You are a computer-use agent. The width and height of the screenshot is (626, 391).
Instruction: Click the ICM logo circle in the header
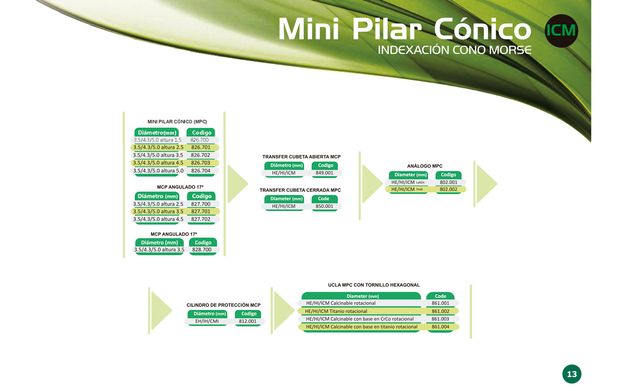click(x=561, y=31)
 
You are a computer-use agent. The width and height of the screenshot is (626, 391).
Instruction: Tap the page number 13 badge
click(x=572, y=374)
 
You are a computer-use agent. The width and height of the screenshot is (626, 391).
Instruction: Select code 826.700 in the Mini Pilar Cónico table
click(x=200, y=140)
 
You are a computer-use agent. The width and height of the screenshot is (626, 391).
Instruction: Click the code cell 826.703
click(x=201, y=163)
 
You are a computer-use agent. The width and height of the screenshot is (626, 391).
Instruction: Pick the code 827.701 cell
click(x=201, y=212)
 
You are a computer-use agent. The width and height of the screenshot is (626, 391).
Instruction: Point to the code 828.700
click(x=202, y=250)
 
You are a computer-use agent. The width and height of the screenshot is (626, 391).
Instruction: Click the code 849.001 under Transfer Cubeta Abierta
click(x=324, y=173)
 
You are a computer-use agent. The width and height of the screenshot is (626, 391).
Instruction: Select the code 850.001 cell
click(x=324, y=206)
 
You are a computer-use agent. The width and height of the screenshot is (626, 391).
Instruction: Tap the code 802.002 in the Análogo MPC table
click(x=448, y=189)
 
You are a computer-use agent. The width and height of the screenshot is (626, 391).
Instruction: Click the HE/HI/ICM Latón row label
click(x=408, y=182)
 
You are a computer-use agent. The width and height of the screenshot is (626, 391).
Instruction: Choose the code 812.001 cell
click(x=247, y=321)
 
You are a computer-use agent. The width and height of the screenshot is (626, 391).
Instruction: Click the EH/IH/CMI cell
click(x=207, y=321)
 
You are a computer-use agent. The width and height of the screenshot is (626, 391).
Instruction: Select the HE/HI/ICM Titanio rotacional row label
click(x=336, y=311)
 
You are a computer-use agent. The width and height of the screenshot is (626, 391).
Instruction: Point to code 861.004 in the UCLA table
click(x=441, y=327)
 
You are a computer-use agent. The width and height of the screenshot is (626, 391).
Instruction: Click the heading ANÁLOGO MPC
click(x=425, y=166)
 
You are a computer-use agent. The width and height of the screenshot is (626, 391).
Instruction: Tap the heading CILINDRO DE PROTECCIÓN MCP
click(x=224, y=305)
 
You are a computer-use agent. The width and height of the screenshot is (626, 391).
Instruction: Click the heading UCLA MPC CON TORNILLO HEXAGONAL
click(x=374, y=285)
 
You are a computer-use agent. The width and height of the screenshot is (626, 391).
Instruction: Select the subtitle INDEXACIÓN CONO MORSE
click(x=455, y=50)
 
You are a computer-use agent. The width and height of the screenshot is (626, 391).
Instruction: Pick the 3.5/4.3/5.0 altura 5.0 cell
click(x=158, y=171)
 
